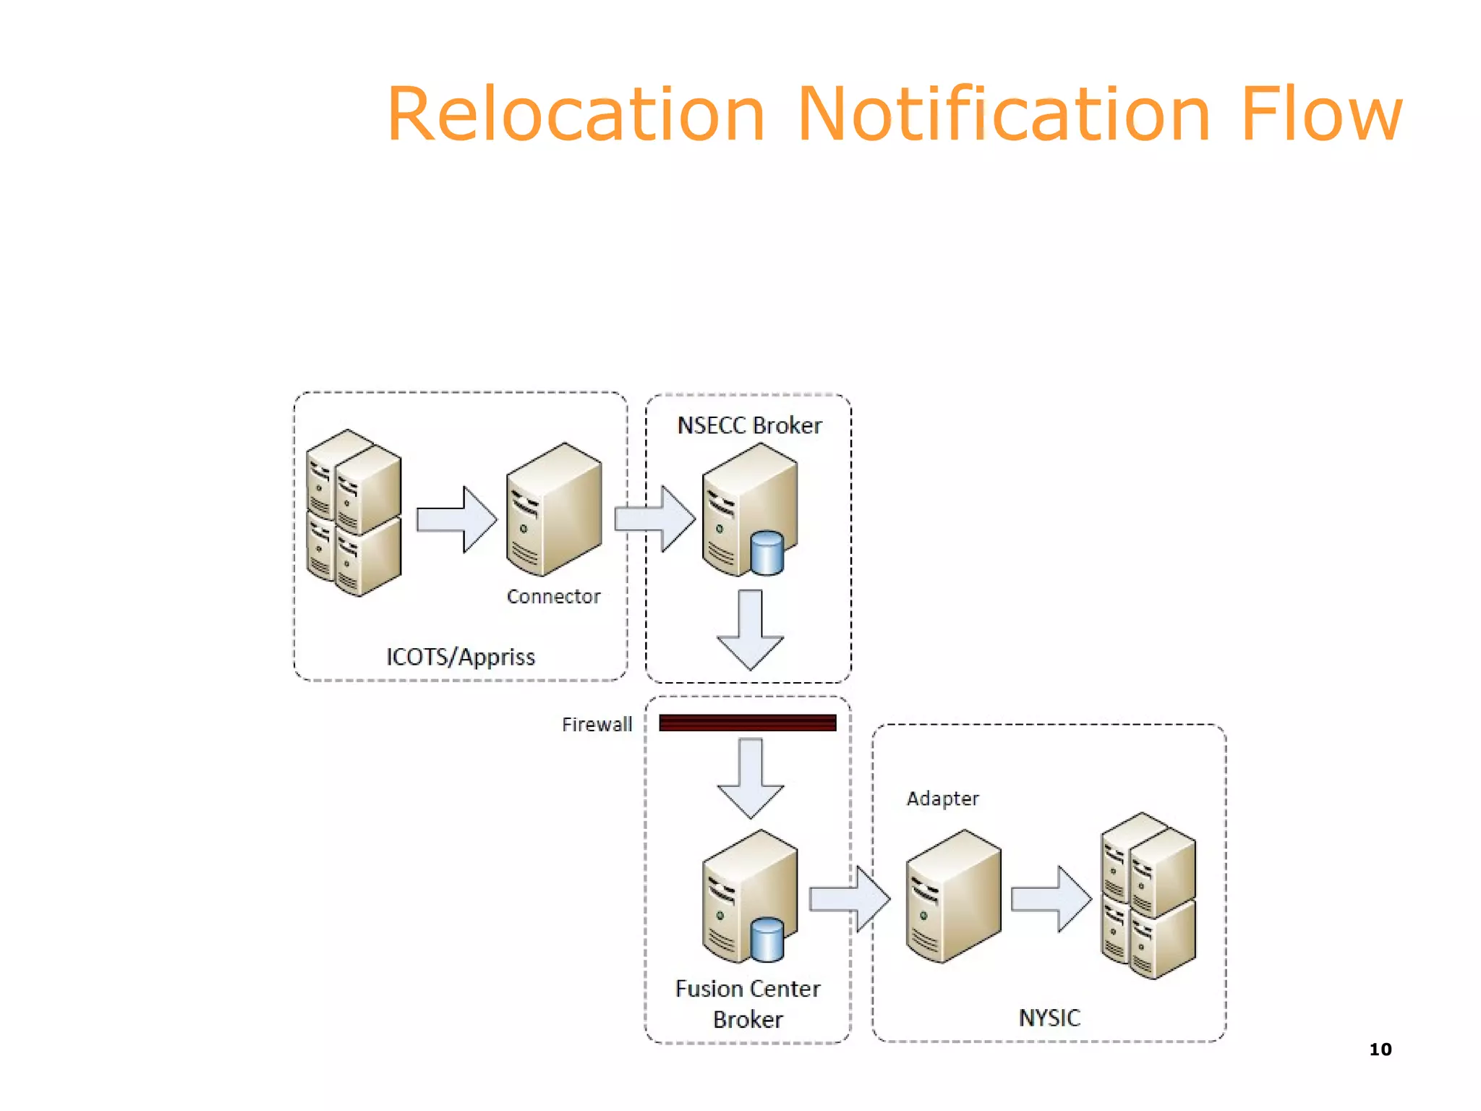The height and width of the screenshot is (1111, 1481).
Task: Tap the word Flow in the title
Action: coord(1320,114)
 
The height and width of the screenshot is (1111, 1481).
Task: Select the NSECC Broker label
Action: coord(749,425)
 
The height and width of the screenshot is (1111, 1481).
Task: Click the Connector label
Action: coord(553,597)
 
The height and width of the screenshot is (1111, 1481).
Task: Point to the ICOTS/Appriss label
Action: coord(461,657)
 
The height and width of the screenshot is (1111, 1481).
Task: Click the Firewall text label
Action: coord(597,724)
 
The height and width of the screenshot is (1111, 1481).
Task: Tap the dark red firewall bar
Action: coord(748,723)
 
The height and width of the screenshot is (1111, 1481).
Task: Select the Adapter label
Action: coord(942,799)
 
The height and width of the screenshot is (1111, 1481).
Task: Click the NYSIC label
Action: coord(1049,1018)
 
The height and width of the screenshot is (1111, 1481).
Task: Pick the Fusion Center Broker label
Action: coord(748,1003)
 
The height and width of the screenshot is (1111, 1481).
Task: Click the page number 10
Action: coord(1380,1050)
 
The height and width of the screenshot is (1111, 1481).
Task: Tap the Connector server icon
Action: coord(554,510)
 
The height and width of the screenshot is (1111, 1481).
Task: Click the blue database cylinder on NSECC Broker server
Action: coord(767,553)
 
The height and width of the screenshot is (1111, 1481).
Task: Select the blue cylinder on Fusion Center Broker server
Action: coord(767,940)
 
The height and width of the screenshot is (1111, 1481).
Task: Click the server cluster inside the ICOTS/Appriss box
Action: coord(354,513)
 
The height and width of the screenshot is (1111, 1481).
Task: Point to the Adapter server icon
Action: coord(953,896)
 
